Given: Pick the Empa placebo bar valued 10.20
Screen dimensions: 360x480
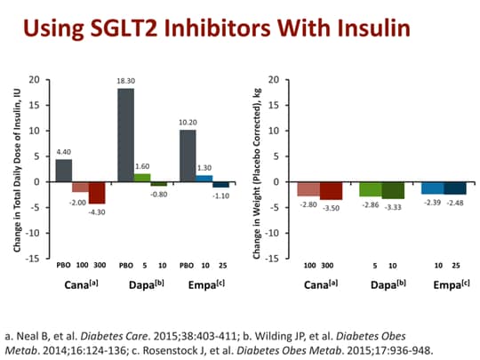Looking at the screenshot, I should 188,156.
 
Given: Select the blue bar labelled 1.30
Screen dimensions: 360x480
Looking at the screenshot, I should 204,179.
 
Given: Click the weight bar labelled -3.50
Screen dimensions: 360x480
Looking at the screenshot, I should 331,190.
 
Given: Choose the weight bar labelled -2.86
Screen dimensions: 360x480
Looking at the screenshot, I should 371,189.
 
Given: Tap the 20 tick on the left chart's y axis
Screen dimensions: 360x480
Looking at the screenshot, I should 35,80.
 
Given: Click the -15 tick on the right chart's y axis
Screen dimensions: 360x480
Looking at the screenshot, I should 276,259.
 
